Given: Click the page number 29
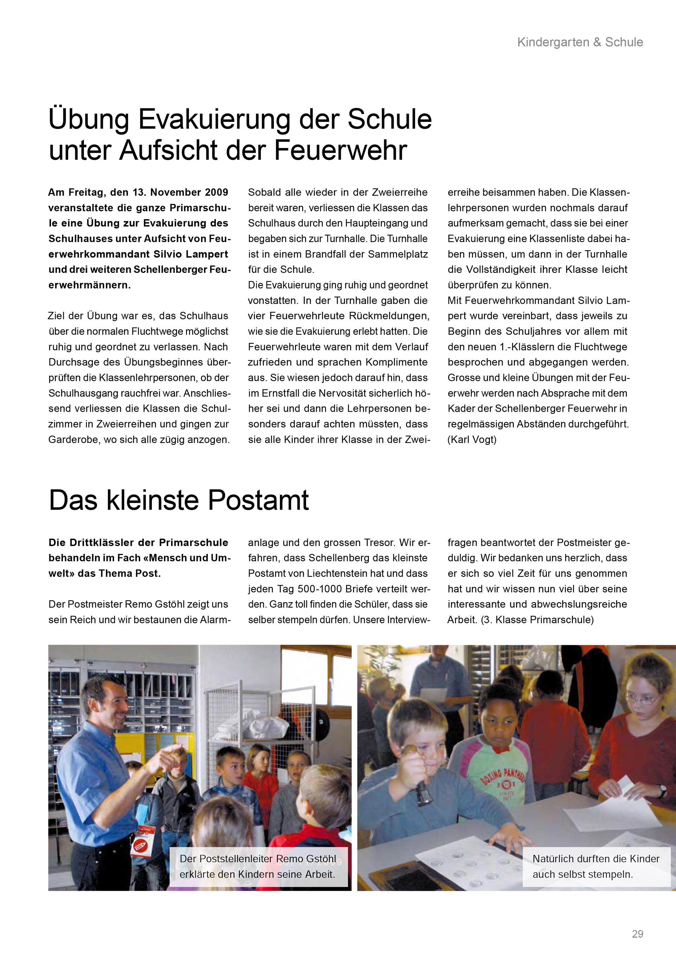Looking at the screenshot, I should tap(637, 934).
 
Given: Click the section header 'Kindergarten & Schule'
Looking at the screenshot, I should tap(580, 42).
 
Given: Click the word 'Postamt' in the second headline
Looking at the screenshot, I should tap(258, 500).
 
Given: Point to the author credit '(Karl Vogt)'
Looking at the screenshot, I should tap(472, 440).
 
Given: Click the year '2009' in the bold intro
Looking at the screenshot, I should tap(217, 192).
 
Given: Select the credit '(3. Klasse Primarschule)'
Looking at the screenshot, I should tap(537, 620).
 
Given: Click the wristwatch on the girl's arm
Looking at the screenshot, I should tap(662, 788).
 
